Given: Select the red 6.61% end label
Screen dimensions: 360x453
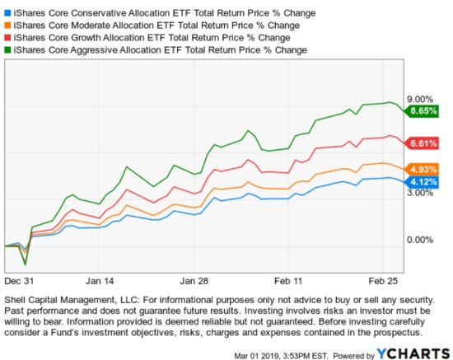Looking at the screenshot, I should pos(421,143).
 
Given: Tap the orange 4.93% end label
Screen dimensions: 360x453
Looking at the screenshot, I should pos(421,170).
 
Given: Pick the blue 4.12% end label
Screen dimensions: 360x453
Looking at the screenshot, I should pos(421,182).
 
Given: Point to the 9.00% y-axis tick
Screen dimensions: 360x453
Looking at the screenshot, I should pos(420,98).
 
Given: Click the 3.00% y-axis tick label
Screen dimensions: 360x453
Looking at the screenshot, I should pos(420,193).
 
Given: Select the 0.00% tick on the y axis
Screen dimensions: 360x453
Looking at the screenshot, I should pos(420,240).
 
